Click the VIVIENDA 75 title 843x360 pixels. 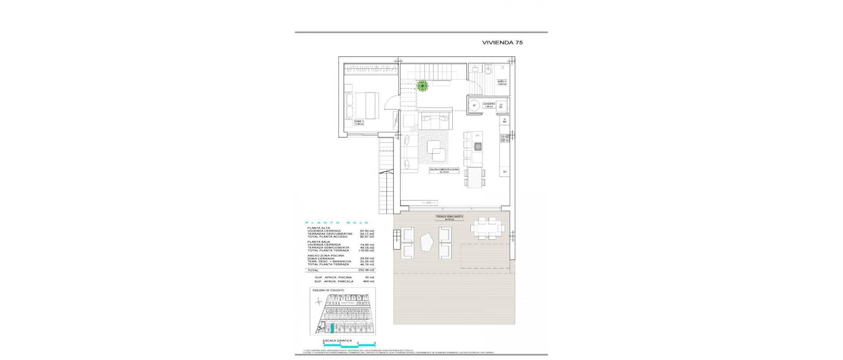(x=502, y=43)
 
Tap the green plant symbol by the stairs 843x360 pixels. (x=422, y=86)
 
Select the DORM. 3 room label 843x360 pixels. (x=359, y=122)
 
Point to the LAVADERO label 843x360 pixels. (x=489, y=105)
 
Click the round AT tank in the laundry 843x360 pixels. (x=474, y=105)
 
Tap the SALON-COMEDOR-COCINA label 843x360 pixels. (x=445, y=170)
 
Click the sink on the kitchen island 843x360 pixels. (x=478, y=147)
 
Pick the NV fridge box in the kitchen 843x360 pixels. (x=505, y=172)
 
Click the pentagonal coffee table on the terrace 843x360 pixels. (x=426, y=242)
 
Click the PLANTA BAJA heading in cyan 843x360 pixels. (x=337, y=223)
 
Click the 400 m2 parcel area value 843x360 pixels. (x=369, y=281)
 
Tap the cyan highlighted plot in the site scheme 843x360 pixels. (x=332, y=329)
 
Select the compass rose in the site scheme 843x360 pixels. (x=318, y=301)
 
